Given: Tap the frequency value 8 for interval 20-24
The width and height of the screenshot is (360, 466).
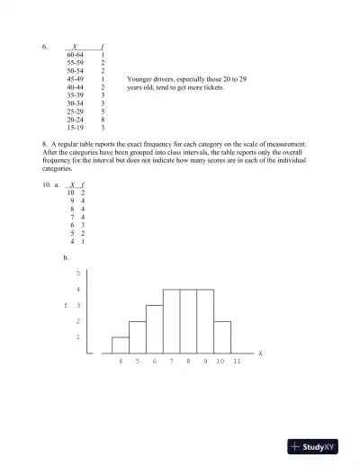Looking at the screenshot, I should pyautogui.click(x=103, y=119).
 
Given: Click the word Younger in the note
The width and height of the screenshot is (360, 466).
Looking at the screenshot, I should pyautogui.click(x=141, y=79).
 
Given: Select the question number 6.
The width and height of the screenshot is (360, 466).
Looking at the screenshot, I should pyautogui.click(x=44, y=46).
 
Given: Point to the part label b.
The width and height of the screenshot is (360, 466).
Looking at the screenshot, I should pyautogui.click(x=66, y=257).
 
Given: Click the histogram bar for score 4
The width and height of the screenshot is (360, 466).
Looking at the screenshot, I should pyautogui.click(x=120, y=345).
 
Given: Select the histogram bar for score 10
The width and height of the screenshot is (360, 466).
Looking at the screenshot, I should pyautogui.click(x=222, y=336).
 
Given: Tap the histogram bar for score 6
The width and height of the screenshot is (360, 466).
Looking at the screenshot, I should pyautogui.click(x=154, y=328).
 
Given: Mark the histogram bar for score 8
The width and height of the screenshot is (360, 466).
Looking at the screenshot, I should pyautogui.click(x=188, y=321).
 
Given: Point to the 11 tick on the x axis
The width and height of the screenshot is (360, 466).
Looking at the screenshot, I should pyautogui.click(x=238, y=361).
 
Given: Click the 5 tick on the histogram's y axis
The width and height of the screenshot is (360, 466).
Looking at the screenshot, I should pyautogui.click(x=78, y=273).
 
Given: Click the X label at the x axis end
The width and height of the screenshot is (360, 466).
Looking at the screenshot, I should pyautogui.click(x=260, y=354).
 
